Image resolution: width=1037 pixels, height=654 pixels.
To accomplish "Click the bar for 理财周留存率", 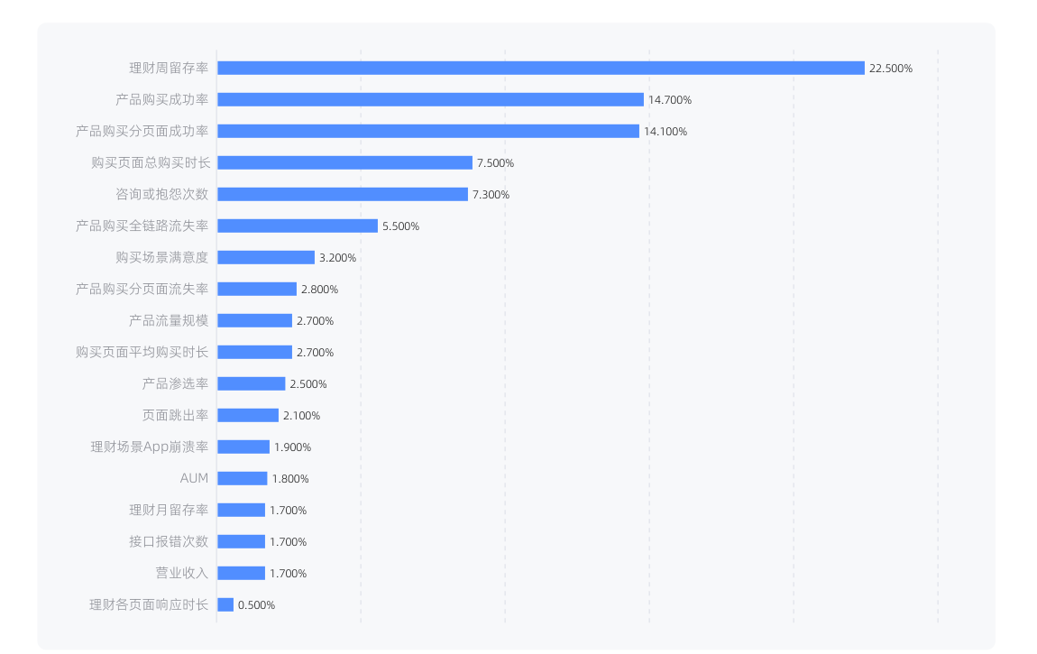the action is coord(541,69).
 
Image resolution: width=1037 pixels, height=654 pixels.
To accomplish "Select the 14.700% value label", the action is coord(670,100).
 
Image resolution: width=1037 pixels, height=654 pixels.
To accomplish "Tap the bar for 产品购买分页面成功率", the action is coord(428,131).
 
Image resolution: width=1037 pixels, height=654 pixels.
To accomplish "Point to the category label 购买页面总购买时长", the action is coord(151,162).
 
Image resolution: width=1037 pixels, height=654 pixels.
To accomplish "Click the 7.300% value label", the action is coord(491,195).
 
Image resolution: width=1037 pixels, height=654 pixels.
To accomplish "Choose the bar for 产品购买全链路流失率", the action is coord(298,226).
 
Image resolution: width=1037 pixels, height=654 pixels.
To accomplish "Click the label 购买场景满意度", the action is coord(162,257).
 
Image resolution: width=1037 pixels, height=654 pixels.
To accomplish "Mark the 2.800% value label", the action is coord(319,289).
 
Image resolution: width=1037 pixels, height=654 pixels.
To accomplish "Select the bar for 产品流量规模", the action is coord(254,320).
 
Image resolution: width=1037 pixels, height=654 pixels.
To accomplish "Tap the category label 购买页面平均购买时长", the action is coord(142,352).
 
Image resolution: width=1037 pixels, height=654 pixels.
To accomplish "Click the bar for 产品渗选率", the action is coord(252,383).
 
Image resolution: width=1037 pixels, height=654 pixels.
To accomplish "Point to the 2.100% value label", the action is coord(301,415).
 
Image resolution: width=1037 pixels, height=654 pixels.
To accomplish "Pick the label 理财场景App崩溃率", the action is coord(150,447).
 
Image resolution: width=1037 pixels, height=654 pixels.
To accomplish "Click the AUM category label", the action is coord(194,478).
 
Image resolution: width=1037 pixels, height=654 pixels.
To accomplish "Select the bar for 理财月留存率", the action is coord(242,510).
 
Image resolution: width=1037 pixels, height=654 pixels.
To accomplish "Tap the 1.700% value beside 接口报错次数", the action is coord(288,541).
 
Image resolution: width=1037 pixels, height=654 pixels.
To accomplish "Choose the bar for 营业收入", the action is coord(242,573).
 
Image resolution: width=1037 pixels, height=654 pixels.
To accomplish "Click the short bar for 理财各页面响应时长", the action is coord(225,604).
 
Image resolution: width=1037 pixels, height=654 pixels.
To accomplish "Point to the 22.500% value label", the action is coord(891,69).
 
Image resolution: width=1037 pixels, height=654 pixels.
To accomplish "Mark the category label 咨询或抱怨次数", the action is coord(162,195).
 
